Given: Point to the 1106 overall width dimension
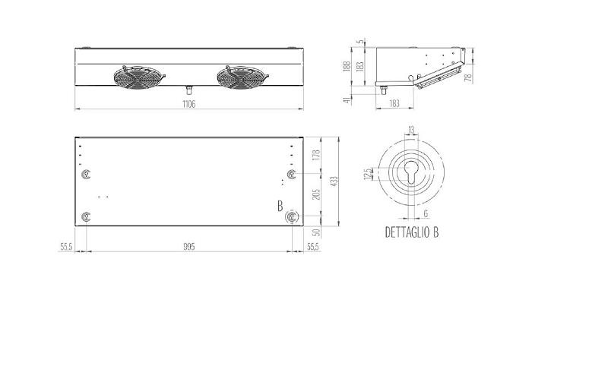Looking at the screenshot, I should (x=189, y=105).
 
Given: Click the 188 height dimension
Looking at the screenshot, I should (x=347, y=67).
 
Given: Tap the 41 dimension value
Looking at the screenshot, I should (x=347, y=99).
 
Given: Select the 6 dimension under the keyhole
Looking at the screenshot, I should (x=426, y=215).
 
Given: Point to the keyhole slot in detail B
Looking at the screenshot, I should (x=411, y=173).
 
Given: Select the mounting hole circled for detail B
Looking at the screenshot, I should (x=292, y=218).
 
